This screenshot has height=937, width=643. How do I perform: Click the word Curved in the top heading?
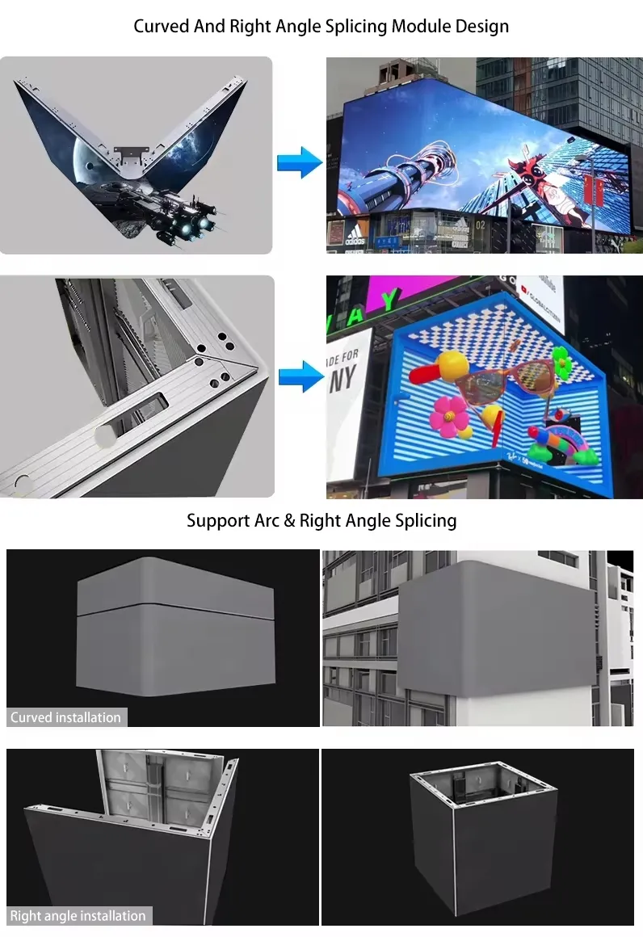point(162,26)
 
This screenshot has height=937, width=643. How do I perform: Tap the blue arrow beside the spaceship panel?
point(299,162)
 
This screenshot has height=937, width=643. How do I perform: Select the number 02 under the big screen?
point(480,225)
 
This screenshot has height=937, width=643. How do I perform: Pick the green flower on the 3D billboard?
point(562,361)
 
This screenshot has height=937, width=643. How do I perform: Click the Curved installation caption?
point(66,717)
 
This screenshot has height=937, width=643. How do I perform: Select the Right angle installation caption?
point(78,915)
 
